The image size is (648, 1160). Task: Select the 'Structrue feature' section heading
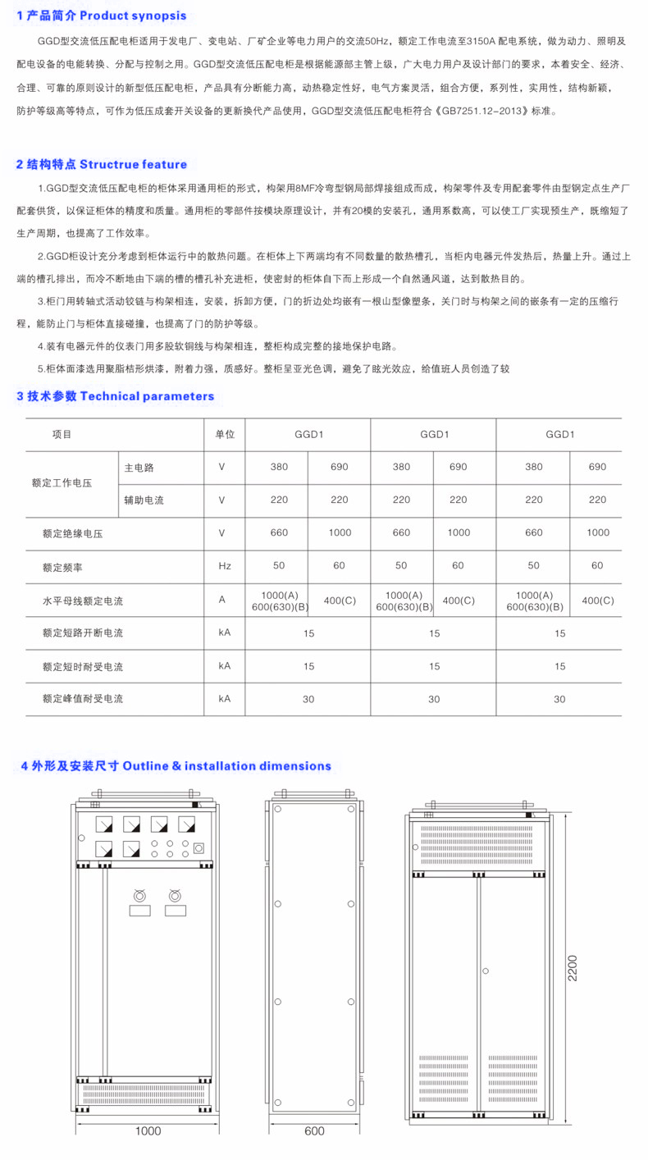(133, 164)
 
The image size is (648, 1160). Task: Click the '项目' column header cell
(62, 435)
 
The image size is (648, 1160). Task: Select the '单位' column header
(225, 435)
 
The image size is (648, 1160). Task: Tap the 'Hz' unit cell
(225, 566)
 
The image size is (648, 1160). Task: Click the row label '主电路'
(139, 468)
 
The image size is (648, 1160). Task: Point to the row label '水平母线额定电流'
(83, 601)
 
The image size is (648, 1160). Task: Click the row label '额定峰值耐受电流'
(83, 699)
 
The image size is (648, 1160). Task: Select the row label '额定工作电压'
(62, 483)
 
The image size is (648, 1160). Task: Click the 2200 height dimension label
(572, 969)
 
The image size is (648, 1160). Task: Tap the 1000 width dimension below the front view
(148, 1131)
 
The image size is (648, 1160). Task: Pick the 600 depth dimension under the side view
(314, 1131)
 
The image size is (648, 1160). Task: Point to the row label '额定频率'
(62, 566)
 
